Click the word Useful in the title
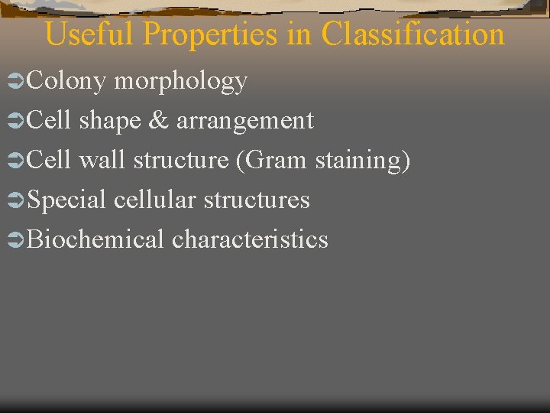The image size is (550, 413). pyautogui.click(x=90, y=35)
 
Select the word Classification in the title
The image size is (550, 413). pyautogui.click(x=412, y=35)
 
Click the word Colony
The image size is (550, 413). pyautogui.click(x=66, y=81)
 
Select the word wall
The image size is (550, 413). pyautogui.click(x=102, y=160)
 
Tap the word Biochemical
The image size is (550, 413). pyautogui.click(x=95, y=239)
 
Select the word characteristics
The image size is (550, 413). pyautogui.click(x=250, y=239)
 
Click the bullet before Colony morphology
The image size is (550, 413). pyautogui.click(x=14, y=81)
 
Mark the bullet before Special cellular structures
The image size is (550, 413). pyautogui.click(x=14, y=200)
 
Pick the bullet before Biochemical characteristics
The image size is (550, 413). pyautogui.click(x=14, y=240)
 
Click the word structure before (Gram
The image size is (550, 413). pyautogui.click(x=181, y=161)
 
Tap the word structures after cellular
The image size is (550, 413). pyautogui.click(x=257, y=200)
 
